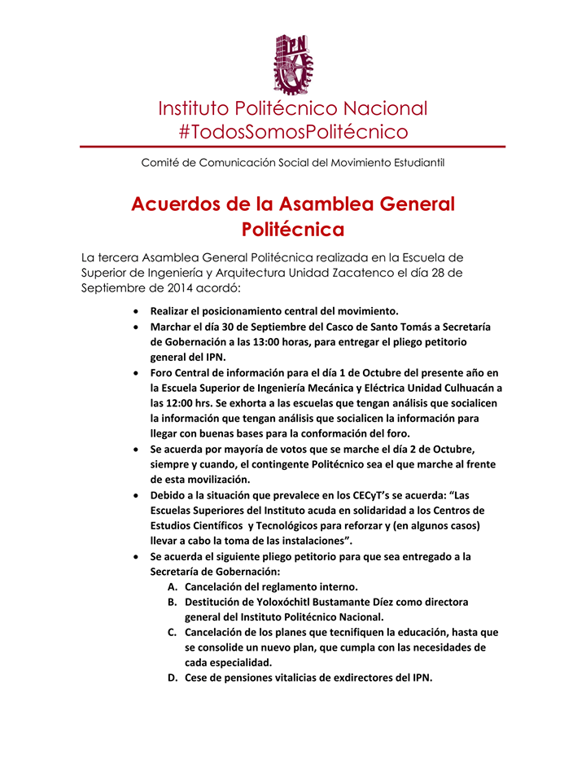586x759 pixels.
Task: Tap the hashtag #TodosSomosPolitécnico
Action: [292, 131]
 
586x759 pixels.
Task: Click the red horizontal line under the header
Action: [292, 147]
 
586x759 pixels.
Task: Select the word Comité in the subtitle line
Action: [160, 163]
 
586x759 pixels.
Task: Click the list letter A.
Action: [172, 586]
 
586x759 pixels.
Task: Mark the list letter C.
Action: [172, 632]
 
